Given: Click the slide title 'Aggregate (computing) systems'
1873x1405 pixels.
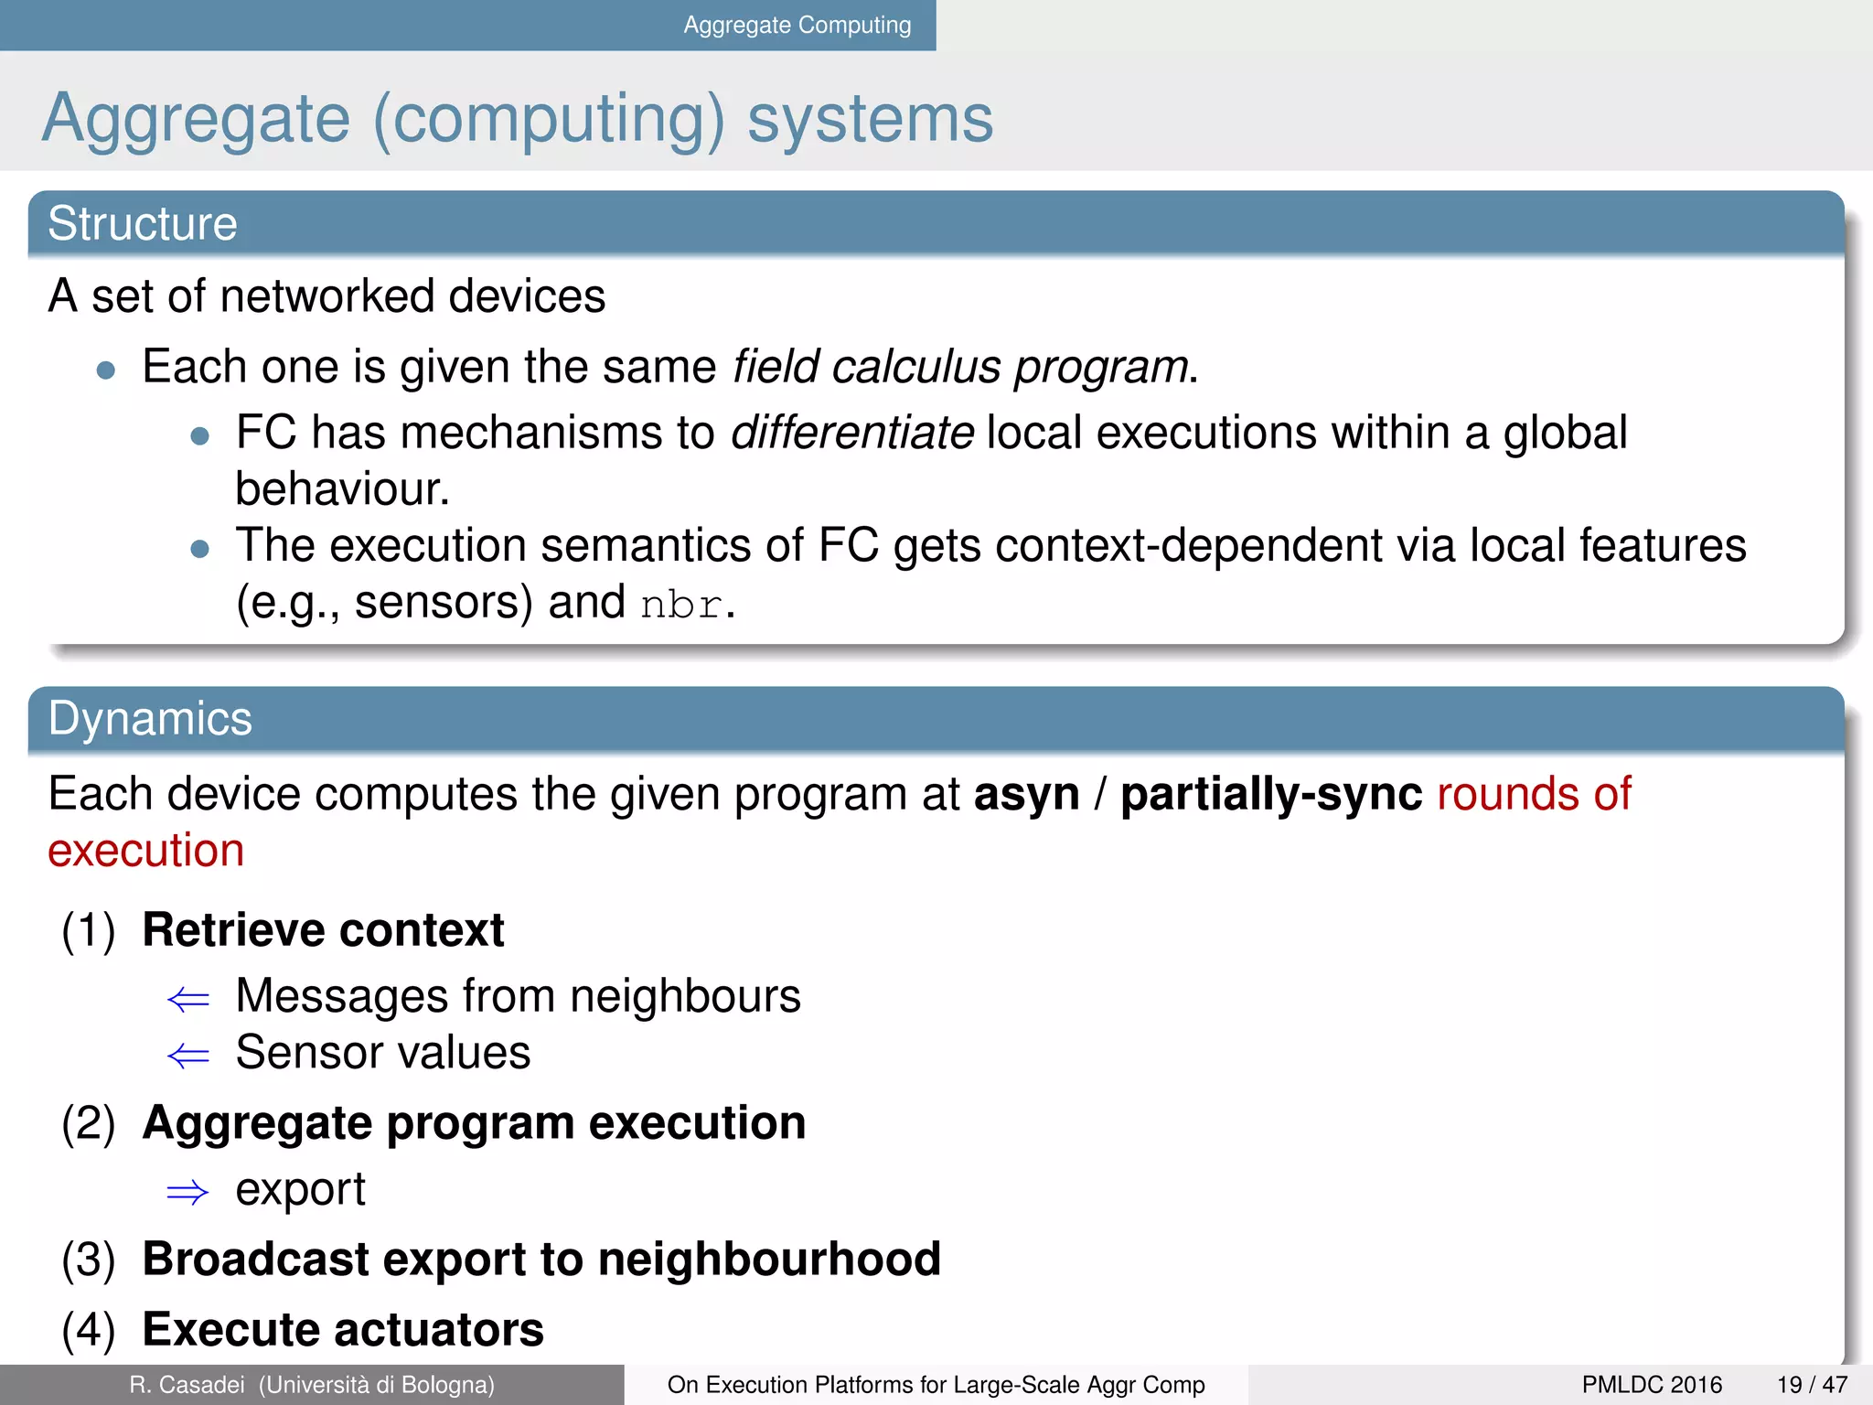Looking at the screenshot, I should (x=518, y=119).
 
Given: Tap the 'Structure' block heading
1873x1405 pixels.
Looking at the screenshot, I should (x=143, y=224).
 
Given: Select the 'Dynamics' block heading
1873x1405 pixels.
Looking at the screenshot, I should (x=150, y=719).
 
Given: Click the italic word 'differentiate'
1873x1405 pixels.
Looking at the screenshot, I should (x=852, y=433).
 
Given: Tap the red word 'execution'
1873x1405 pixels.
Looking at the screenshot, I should (x=146, y=852).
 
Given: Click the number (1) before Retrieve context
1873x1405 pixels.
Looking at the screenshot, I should (x=89, y=931).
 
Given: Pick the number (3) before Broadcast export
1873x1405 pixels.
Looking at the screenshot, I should (x=89, y=1260).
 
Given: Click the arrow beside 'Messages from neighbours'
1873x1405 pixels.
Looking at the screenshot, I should (x=188, y=1000).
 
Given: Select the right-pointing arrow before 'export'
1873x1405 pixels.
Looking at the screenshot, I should (x=188, y=1193).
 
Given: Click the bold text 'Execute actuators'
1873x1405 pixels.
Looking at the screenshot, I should (x=343, y=1330).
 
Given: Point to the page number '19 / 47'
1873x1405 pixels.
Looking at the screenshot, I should (x=1812, y=1385).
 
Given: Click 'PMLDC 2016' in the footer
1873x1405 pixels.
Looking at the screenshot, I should (x=1652, y=1385).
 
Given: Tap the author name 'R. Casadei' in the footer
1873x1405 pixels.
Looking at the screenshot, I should (x=187, y=1385).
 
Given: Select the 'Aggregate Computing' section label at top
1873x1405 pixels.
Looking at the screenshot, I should (x=797, y=26).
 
